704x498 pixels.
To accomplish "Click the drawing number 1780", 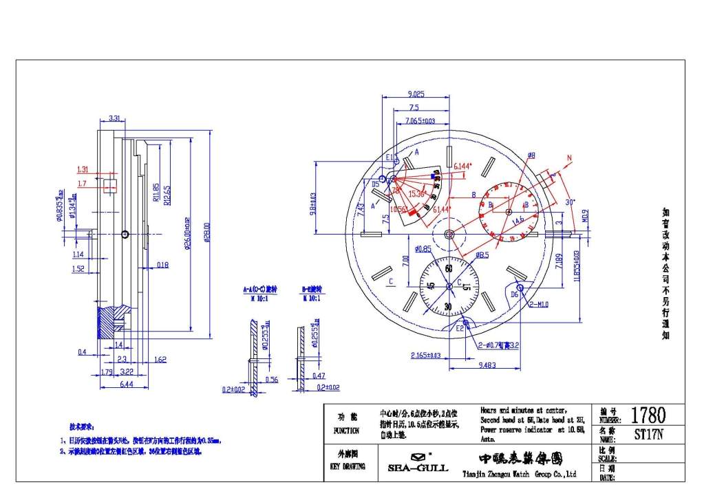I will [648, 415].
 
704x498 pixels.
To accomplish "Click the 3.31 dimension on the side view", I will [116, 118].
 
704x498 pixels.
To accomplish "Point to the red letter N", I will [569, 159].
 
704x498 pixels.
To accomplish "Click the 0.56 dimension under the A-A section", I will [271, 380].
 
